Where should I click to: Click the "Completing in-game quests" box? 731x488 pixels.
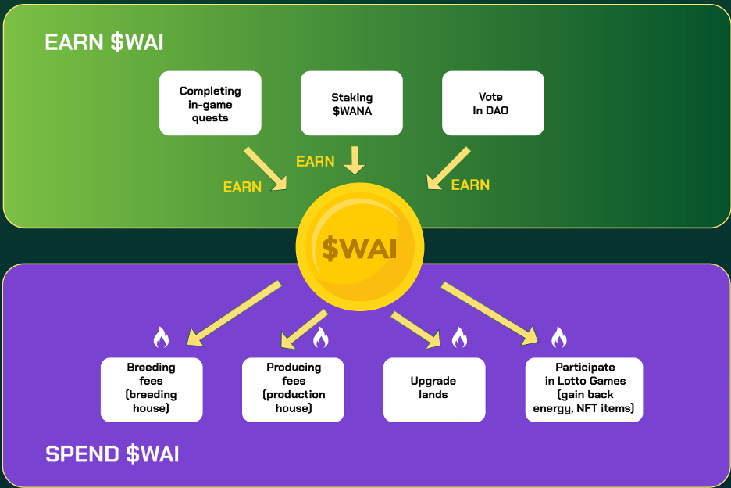click(x=210, y=103)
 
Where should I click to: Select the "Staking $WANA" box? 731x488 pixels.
click(x=351, y=103)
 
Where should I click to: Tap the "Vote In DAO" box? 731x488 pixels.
click(x=493, y=103)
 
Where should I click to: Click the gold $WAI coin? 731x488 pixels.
click(x=360, y=246)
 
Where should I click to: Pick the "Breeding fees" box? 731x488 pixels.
click(x=152, y=389)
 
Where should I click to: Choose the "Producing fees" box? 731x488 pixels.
click(x=293, y=389)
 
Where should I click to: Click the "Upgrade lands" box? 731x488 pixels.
click(x=433, y=389)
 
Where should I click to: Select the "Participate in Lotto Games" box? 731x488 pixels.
click(x=584, y=389)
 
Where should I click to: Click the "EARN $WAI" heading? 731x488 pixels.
click(x=104, y=42)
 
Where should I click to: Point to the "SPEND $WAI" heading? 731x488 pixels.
click(x=112, y=454)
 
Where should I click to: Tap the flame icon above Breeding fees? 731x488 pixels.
click(x=161, y=337)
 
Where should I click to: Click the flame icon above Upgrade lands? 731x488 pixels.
click(x=459, y=337)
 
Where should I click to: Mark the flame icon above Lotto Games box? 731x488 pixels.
click(x=558, y=337)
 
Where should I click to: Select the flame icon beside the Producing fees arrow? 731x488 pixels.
click(x=320, y=337)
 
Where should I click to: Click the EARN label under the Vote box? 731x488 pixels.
click(x=470, y=185)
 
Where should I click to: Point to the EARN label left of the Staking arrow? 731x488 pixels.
click(x=315, y=162)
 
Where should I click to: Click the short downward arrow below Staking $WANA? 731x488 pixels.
click(x=355, y=160)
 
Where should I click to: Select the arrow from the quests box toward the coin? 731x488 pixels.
click(x=266, y=168)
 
